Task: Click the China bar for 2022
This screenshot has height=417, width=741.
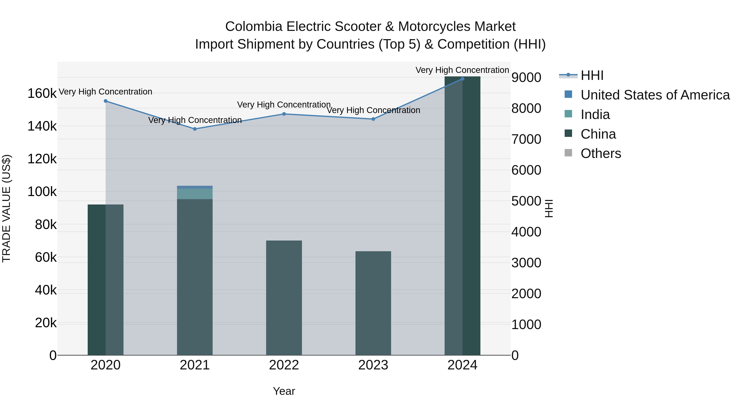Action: coord(284,298)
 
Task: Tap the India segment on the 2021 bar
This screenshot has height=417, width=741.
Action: coord(195,194)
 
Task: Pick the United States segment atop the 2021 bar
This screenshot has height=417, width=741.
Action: coord(195,187)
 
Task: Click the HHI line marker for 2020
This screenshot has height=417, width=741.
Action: coord(106,101)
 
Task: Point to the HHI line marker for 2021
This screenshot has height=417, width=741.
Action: coord(195,129)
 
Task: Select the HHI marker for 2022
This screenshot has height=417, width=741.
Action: coord(284,114)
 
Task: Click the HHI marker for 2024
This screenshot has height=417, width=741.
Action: coord(462,79)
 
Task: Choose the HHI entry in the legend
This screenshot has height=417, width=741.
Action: coord(592,75)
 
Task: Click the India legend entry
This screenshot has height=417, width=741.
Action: coord(595,114)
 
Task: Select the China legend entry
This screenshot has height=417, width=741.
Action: coord(598,134)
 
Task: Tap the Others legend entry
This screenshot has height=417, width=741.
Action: coord(601,153)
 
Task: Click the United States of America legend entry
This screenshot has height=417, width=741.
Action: coord(655,95)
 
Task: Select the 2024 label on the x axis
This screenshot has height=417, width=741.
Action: coord(462,365)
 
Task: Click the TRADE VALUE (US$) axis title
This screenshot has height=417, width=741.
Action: coord(6,208)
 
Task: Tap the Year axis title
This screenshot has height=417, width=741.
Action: coord(284,391)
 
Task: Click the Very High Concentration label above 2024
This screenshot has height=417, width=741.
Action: coord(462,70)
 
